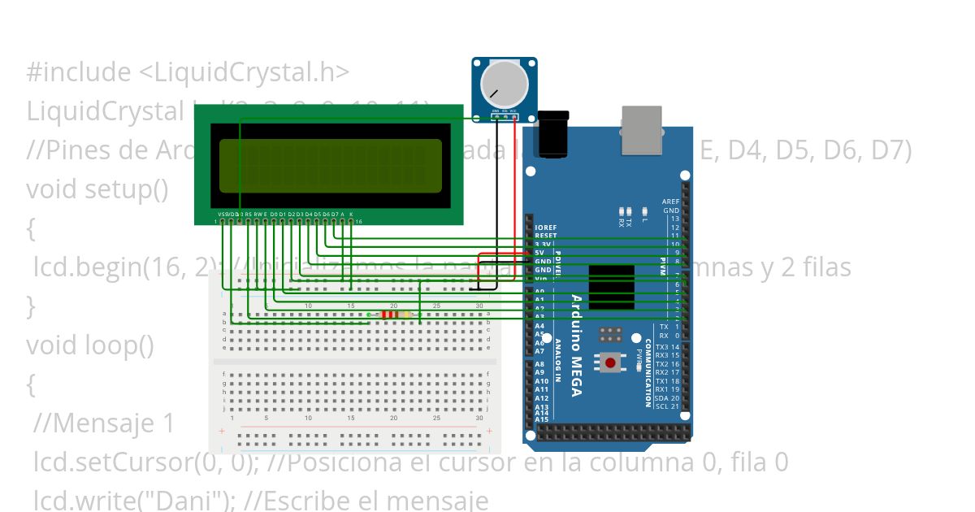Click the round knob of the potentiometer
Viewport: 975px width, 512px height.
click(x=504, y=84)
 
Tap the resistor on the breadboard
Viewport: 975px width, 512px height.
click(x=394, y=315)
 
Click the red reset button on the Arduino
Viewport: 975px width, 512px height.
click(x=610, y=362)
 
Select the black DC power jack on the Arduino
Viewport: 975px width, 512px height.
click(x=554, y=135)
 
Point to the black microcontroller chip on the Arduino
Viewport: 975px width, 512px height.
click(x=611, y=286)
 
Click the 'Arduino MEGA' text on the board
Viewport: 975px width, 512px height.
click(x=575, y=345)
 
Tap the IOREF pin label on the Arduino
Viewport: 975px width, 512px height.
click(x=546, y=227)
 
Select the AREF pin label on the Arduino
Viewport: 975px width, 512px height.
click(x=670, y=202)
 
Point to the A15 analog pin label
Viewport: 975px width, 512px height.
click(x=541, y=419)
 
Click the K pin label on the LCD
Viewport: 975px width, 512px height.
click(x=351, y=214)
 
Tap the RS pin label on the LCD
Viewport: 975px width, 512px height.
click(x=248, y=214)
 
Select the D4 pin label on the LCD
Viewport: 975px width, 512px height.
click(x=308, y=214)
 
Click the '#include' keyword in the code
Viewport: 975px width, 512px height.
click(x=78, y=72)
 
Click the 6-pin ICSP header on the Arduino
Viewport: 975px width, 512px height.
click(x=611, y=334)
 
